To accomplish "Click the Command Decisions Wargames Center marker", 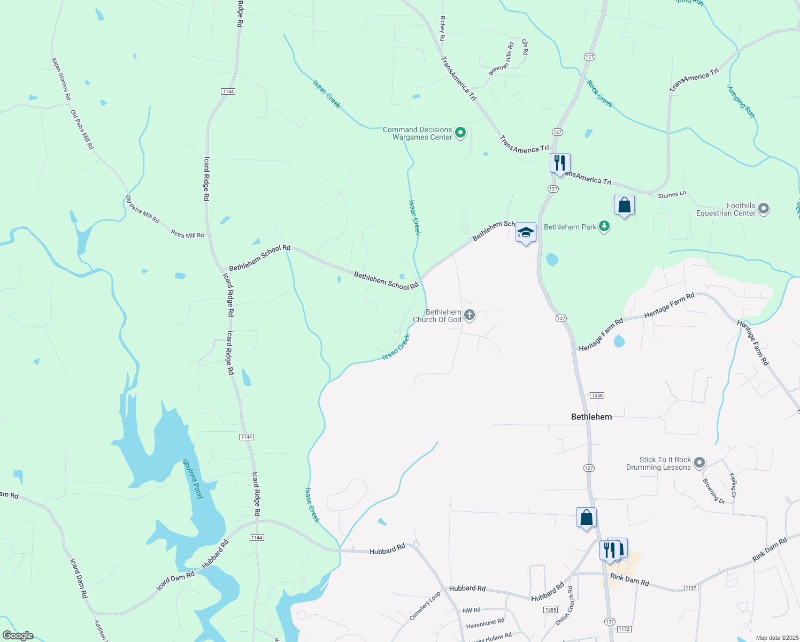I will (x=460, y=132).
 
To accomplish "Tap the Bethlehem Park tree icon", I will (x=604, y=226).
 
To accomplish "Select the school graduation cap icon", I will (x=526, y=233).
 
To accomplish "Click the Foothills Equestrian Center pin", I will (x=764, y=209).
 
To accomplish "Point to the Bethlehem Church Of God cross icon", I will (x=470, y=315).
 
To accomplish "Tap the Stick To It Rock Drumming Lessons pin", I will (x=699, y=463).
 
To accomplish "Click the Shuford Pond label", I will (x=193, y=479).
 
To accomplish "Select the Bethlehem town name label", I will (x=591, y=417).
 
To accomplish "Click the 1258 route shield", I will (x=597, y=395).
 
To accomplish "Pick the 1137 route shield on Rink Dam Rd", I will (x=691, y=588).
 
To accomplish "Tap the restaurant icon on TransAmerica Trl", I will (x=560, y=163).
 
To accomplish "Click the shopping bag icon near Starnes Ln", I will (x=624, y=205).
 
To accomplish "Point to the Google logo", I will (x=18, y=636).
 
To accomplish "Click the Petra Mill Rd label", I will (x=187, y=234).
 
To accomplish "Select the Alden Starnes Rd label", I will (x=61, y=79).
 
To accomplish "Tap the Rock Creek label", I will (x=599, y=93).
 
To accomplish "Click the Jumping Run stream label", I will (x=741, y=101).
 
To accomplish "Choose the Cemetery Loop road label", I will (x=425, y=606).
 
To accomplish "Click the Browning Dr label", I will (x=713, y=491).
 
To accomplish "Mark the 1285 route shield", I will (x=550, y=610).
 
